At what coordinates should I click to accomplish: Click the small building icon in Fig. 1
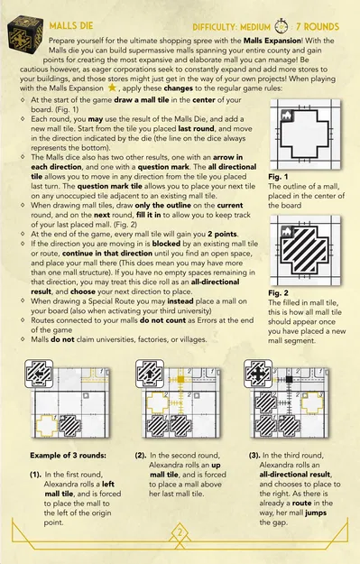[287, 116]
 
